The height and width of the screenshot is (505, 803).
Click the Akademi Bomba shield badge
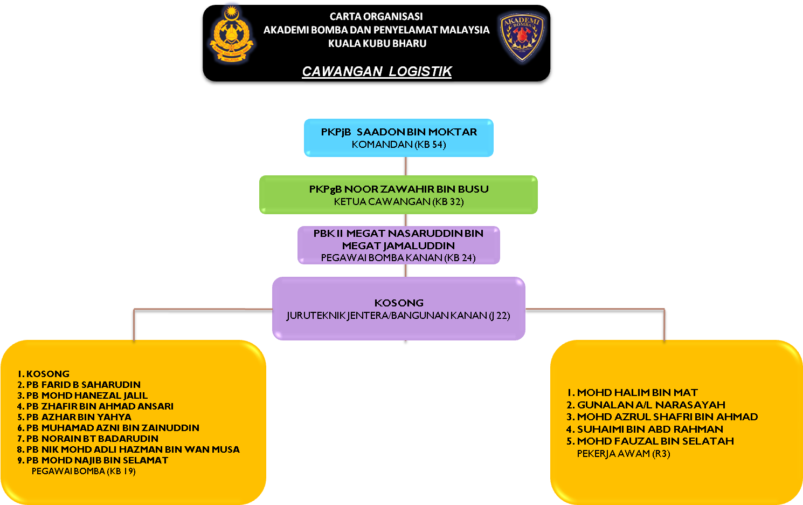521,36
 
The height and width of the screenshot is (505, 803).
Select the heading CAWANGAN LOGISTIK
377,72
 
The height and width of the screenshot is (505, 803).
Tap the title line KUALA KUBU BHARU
377,44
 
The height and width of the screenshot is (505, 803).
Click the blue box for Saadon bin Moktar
399,138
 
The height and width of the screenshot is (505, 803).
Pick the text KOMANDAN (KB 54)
399,145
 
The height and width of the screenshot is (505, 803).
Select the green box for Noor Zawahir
398,195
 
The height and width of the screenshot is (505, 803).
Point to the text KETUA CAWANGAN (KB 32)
399,202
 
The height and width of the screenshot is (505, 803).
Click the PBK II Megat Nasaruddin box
399,245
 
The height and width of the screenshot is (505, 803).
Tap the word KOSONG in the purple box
399,303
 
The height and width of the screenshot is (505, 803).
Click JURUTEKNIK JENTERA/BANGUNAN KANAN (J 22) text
398,316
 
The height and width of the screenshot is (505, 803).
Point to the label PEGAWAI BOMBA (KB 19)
84,472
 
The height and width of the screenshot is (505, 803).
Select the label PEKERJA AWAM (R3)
624,454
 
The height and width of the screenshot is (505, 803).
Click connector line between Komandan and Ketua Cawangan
406,166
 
